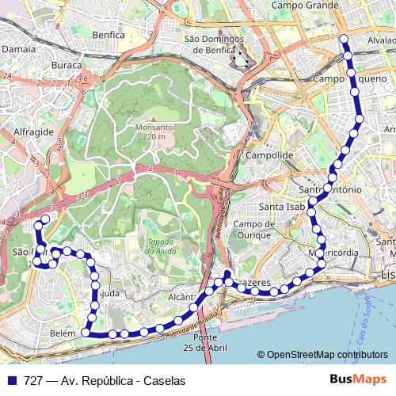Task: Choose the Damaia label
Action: pyautogui.click(x=16, y=48)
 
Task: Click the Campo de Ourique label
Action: pyautogui.click(x=253, y=229)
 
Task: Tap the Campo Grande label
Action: pyautogui.click(x=299, y=5)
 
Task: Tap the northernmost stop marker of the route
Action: pyautogui.click(x=344, y=39)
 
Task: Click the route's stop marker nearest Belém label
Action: pyautogui.click(x=85, y=333)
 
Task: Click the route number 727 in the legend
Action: pyautogui.click(x=33, y=379)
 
